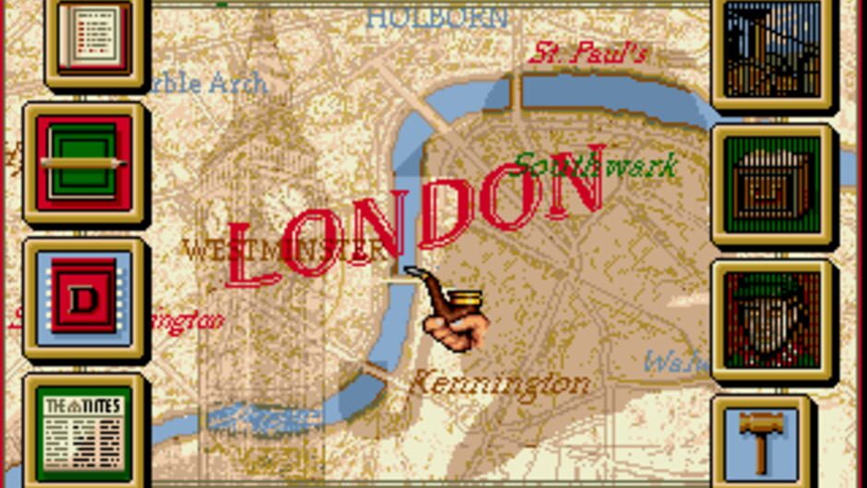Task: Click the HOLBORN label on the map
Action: coord(437,17)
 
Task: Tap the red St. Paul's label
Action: coord(588,52)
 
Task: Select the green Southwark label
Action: coord(595,165)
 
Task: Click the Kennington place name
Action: coord(499,383)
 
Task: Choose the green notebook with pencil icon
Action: coord(84,163)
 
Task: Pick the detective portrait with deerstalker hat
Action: coord(773,319)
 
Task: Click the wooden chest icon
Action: coord(773,184)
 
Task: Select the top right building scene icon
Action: coord(773,46)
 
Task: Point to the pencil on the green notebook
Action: coord(83,162)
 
